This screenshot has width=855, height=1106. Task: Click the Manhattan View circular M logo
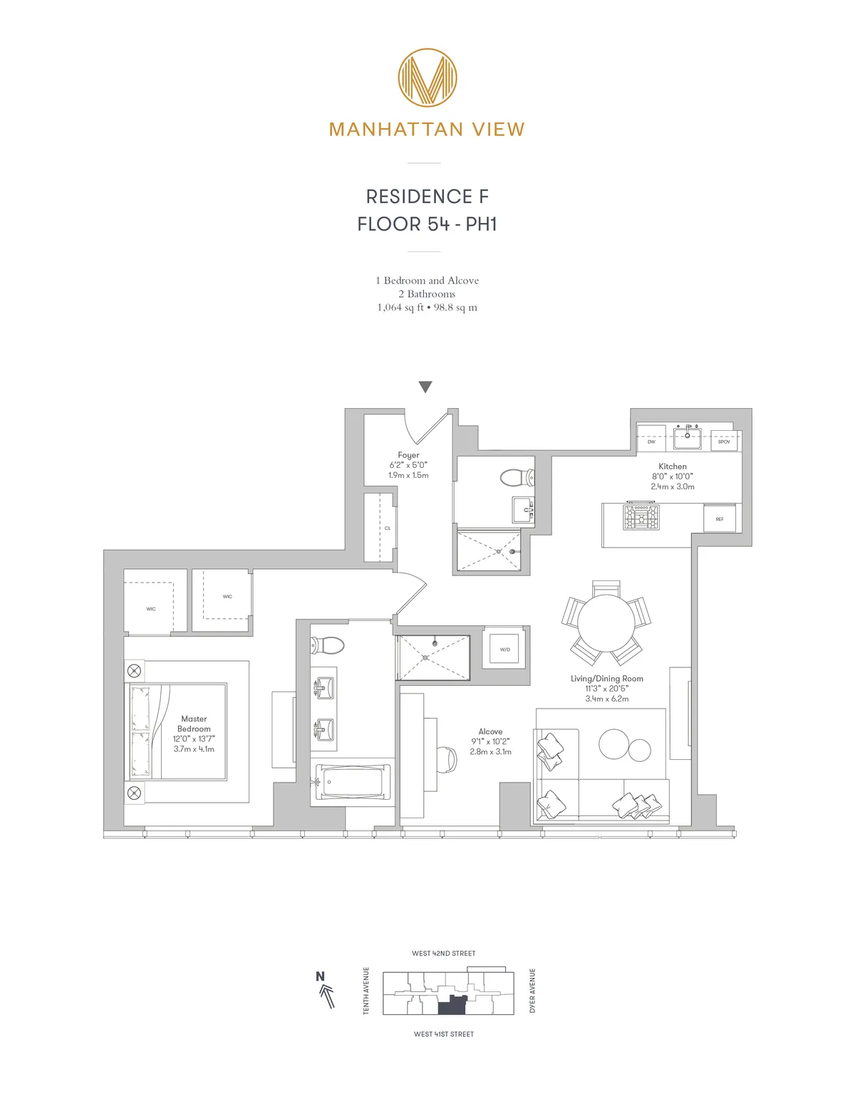pyautogui.click(x=427, y=78)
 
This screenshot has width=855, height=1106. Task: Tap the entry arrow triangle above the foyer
pyautogui.click(x=425, y=387)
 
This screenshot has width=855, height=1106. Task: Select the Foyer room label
pyautogui.click(x=408, y=455)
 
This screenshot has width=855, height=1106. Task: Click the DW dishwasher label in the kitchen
pyautogui.click(x=651, y=442)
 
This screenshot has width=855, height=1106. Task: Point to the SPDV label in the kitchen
pyautogui.click(x=724, y=442)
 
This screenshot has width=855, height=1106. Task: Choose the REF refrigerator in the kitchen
pyautogui.click(x=720, y=518)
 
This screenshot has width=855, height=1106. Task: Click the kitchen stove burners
pyautogui.click(x=641, y=517)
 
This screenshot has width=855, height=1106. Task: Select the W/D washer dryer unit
pyautogui.click(x=505, y=649)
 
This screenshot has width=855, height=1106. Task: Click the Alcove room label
pyautogui.click(x=490, y=731)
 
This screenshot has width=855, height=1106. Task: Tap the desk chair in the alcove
pyautogui.click(x=447, y=759)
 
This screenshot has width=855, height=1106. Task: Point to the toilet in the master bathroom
pyautogui.click(x=327, y=645)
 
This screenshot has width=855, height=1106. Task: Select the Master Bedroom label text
pyautogui.click(x=194, y=724)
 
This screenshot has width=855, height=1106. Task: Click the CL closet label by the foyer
pyautogui.click(x=388, y=528)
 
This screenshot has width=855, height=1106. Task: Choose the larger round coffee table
pyautogui.click(x=614, y=745)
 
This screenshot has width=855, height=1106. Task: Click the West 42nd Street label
pyautogui.click(x=443, y=953)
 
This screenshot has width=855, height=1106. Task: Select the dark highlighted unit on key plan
pyautogui.click(x=451, y=1006)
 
